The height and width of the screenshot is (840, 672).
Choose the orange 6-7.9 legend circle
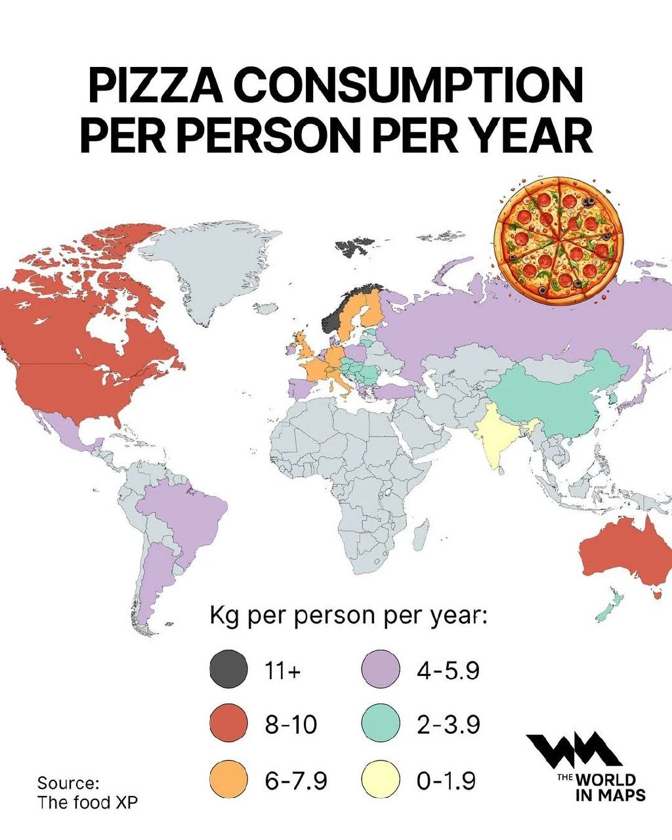[228, 780]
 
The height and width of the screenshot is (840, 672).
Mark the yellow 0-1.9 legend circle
[381, 780]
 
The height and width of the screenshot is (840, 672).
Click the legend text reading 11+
[283, 671]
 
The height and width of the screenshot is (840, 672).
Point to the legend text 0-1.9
[446, 781]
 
